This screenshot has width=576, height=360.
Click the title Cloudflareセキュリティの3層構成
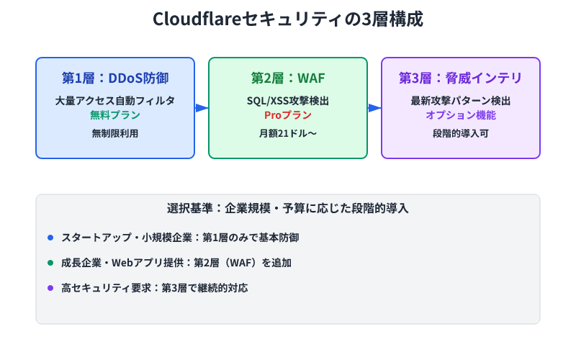pyautogui.click(x=288, y=19)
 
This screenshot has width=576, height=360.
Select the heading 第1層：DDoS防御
pyautogui.click(x=115, y=78)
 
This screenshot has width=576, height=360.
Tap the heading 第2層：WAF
pyautogui.click(x=288, y=78)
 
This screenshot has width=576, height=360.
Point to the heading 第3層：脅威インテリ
pyautogui.click(x=461, y=78)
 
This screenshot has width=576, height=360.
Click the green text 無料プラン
pyautogui.click(x=115, y=115)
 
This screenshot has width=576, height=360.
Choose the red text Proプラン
pyautogui.click(x=288, y=115)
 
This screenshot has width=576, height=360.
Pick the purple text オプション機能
pyautogui.click(x=461, y=115)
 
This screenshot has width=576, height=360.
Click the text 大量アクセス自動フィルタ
pyautogui.click(x=115, y=101)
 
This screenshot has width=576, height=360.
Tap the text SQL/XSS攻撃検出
pyautogui.click(x=288, y=101)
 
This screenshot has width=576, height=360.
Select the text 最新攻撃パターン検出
pyautogui.click(x=461, y=101)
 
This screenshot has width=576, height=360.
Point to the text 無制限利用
pyautogui.click(x=115, y=133)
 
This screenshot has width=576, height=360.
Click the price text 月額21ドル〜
pyautogui.click(x=288, y=133)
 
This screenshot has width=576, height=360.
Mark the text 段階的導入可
pyautogui.click(x=461, y=133)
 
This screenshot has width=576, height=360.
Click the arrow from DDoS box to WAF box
pyautogui.click(x=202, y=108)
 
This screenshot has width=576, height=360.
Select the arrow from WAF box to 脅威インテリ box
pyautogui.click(x=374, y=108)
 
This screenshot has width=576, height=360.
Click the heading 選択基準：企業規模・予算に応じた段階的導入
pyautogui.click(x=288, y=210)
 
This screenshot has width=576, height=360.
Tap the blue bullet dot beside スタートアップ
pyautogui.click(x=50, y=238)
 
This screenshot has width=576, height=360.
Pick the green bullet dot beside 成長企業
pyautogui.click(x=50, y=263)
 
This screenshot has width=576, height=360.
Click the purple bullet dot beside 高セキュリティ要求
pyautogui.click(x=50, y=288)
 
